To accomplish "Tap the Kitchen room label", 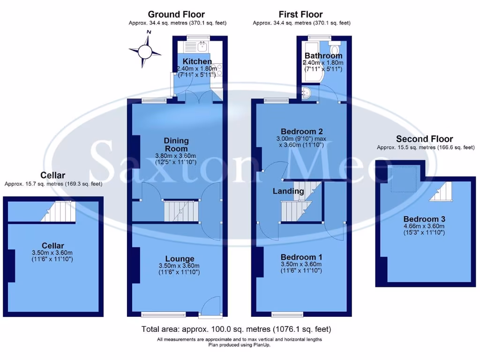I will point(197,61).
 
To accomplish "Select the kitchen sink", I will point(202,45).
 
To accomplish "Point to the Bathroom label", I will point(323,56).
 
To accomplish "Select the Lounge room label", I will point(180,259).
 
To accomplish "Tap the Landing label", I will point(288,191).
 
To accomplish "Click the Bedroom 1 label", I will point(301,257).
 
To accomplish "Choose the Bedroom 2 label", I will point(301,131).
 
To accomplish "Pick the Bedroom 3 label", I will point(424,219).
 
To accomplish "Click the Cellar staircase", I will point(60,211).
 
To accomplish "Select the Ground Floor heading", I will point(176,15).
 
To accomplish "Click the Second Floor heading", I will point(424,139).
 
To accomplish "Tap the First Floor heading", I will point(301,15).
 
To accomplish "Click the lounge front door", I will point(210,306).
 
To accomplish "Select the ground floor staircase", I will point(181,211).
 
